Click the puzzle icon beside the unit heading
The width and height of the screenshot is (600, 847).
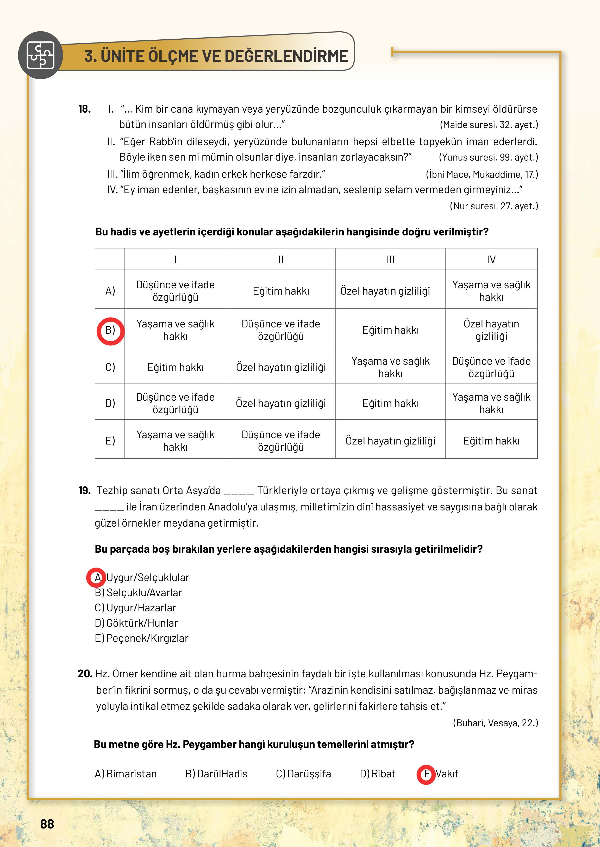(40, 56)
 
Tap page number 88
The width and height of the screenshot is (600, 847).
(47, 824)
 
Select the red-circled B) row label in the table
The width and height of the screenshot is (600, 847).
(110, 330)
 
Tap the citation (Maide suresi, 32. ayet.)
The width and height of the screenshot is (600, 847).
(489, 125)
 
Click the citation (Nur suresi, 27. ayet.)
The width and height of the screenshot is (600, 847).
(493, 206)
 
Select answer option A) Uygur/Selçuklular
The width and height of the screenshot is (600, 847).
(142, 577)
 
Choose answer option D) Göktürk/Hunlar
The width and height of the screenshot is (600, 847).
(137, 623)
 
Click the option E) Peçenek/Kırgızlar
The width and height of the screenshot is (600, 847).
(141, 638)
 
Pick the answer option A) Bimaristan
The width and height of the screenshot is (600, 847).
(126, 773)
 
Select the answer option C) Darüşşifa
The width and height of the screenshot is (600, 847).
(303, 773)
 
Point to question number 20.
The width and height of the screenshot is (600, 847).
(85, 674)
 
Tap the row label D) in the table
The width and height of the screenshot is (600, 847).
(110, 403)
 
